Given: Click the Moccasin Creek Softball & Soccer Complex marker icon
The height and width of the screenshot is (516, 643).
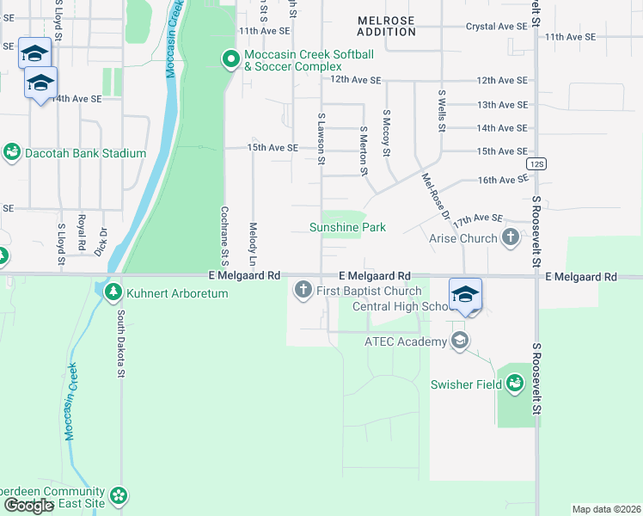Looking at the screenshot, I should click(230, 59).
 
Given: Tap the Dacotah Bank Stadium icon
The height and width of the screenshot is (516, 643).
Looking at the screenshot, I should click(12, 153).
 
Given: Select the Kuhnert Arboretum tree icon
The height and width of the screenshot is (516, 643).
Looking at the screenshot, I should click(113, 293).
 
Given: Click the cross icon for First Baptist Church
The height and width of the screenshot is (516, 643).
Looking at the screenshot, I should click(303, 290).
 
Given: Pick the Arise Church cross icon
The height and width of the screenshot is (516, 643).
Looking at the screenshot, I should click(511, 237).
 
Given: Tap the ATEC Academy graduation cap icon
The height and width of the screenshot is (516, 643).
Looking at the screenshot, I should click(460, 341).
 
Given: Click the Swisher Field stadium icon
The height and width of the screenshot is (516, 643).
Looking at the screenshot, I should click(515, 384).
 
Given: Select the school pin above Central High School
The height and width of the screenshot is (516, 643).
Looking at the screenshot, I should click(465, 295).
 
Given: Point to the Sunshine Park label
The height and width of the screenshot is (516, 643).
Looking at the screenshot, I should click(347, 227).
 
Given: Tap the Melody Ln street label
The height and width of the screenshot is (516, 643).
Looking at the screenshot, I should click(253, 244).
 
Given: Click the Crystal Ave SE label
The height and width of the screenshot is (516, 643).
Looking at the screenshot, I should click(496, 27).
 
